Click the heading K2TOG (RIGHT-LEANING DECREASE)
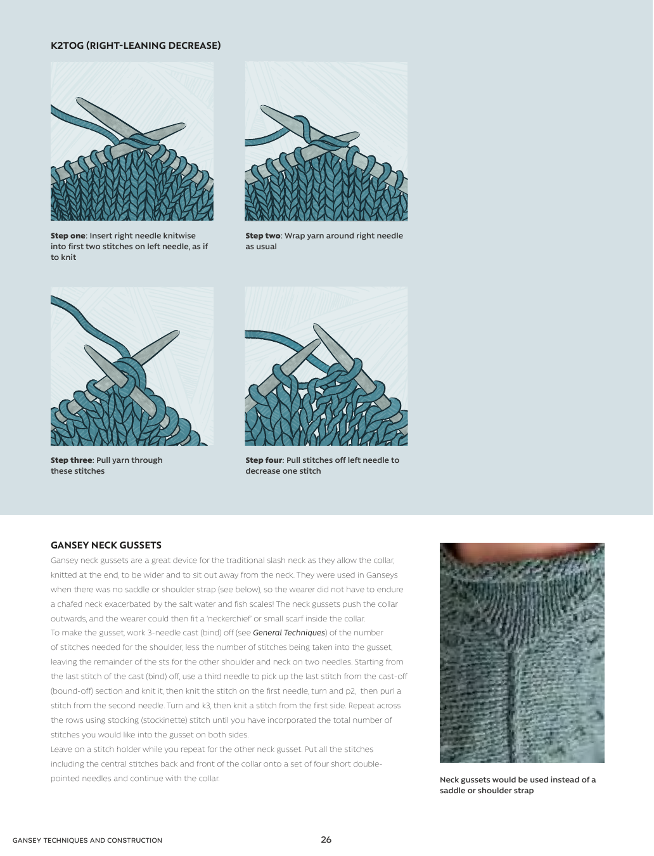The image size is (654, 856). tap(136, 46)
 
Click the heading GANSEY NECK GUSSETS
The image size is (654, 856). tap(106, 545)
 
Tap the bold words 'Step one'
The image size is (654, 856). tap(68, 236)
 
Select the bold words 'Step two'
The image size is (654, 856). tap(262, 236)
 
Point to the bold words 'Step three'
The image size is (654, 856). tap(72, 460)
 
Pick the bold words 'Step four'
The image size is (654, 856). tap(264, 460)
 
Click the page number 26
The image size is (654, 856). tap(326, 840)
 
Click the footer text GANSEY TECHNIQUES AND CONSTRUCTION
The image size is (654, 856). tap(87, 841)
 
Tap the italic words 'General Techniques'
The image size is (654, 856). tap(289, 633)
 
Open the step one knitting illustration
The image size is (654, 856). tap(132, 141)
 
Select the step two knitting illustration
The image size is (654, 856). tap(326, 141)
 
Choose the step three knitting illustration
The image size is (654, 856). tap(132, 366)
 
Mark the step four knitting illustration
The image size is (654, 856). tap(326, 366)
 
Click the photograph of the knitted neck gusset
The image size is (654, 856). tap(522, 652)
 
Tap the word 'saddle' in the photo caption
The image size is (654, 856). tap(452, 791)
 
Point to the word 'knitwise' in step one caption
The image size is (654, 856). tap(179, 236)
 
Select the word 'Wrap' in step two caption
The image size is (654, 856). tap(295, 236)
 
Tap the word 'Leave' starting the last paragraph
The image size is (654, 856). tap(61, 749)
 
